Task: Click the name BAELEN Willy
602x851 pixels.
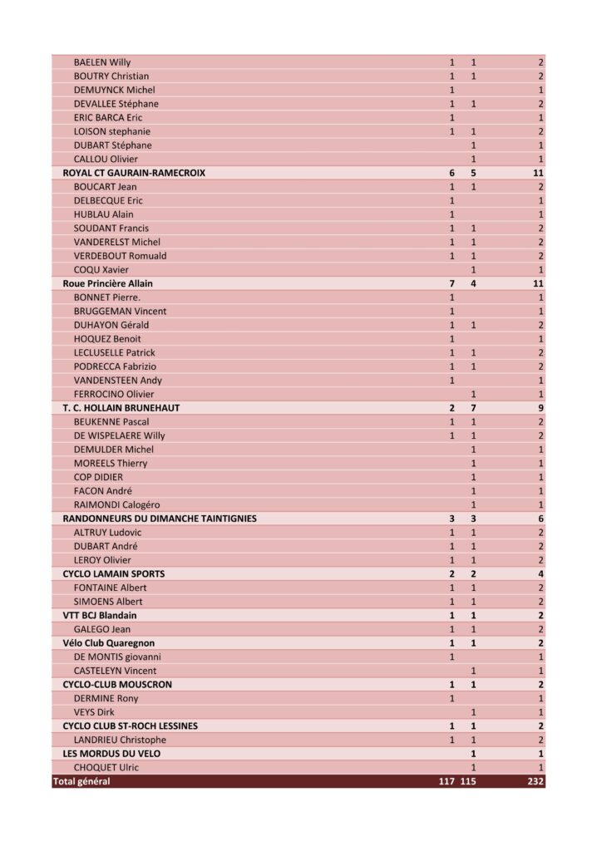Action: click(x=102, y=62)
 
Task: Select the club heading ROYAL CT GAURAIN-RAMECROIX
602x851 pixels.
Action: click(x=134, y=173)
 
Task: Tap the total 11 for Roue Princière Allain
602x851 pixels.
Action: click(x=538, y=283)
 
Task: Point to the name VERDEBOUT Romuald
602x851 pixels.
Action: click(x=120, y=256)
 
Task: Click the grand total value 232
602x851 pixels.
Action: click(x=535, y=781)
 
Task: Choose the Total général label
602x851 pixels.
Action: click(x=81, y=781)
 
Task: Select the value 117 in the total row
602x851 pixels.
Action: click(x=447, y=781)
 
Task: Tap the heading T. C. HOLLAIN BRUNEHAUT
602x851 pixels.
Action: click(x=121, y=408)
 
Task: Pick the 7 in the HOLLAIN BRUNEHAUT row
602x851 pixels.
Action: click(x=473, y=408)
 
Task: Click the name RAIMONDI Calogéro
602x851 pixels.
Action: click(x=117, y=504)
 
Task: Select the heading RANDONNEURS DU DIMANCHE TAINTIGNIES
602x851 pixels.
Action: click(x=160, y=519)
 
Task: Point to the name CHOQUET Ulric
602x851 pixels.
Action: click(x=106, y=767)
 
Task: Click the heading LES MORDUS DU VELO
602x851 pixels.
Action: click(x=112, y=754)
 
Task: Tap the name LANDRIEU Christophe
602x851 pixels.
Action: click(x=120, y=740)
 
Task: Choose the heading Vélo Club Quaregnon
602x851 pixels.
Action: click(x=109, y=643)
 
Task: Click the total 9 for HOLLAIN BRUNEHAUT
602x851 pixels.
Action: click(x=540, y=408)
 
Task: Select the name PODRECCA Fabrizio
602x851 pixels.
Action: click(x=115, y=366)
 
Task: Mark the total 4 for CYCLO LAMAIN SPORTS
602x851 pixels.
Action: click(x=540, y=574)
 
